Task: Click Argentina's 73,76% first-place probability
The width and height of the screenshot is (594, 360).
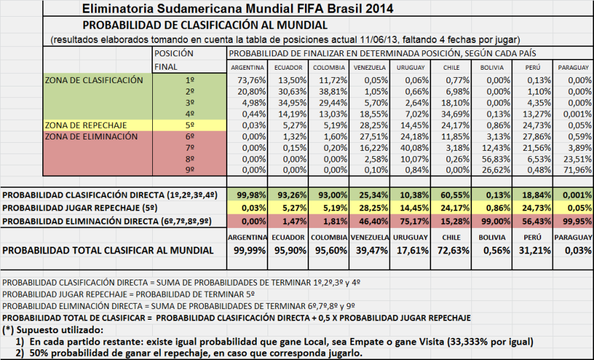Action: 247,80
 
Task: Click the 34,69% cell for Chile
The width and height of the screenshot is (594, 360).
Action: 455,113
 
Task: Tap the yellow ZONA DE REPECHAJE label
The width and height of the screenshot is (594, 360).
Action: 85,125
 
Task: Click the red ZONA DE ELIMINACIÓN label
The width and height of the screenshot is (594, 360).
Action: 91,136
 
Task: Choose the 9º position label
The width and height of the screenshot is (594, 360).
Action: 190,170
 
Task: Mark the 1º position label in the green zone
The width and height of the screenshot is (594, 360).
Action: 190,80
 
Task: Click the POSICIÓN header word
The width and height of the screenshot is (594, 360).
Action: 174,53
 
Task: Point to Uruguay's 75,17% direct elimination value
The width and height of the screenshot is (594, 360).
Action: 412,221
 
